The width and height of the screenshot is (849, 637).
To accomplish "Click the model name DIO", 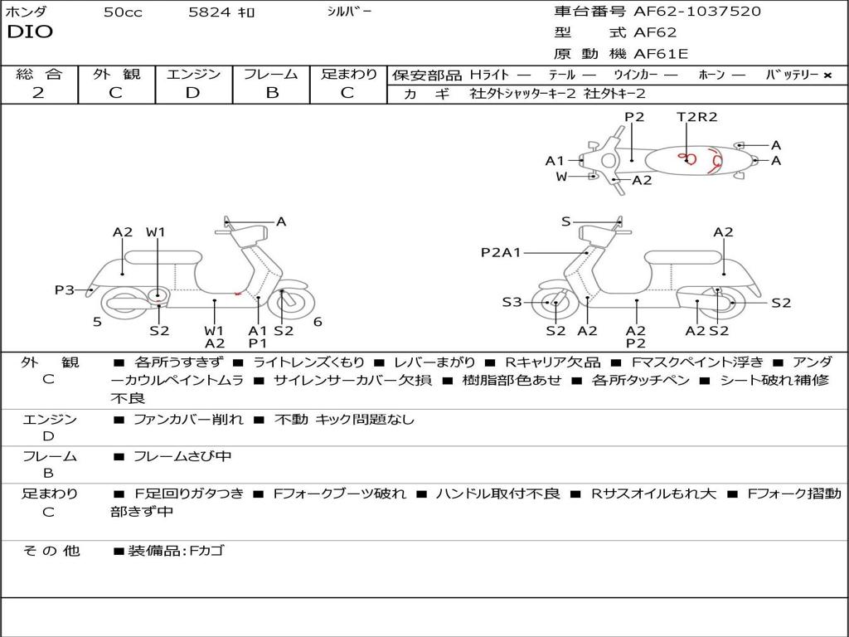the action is [x=30, y=32].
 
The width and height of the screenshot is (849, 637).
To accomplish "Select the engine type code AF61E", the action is [x=661, y=54].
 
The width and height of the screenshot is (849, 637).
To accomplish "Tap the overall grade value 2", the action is [x=38, y=93].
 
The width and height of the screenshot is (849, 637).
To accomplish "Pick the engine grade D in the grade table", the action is [x=192, y=93].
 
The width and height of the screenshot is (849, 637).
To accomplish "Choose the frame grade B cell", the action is [x=271, y=93].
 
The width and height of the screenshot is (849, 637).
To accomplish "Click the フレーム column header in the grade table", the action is [x=271, y=74].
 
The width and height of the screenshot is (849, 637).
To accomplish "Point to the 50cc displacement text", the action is [x=122, y=12].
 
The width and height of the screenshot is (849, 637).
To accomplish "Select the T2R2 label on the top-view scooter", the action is [x=696, y=117].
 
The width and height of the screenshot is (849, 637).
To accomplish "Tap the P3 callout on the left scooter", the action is [x=65, y=289].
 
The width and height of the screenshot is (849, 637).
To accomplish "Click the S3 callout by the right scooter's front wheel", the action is [x=512, y=302].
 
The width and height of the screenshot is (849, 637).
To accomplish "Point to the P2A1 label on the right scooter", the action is [x=501, y=252].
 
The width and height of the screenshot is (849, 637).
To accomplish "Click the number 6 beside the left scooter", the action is [x=318, y=322].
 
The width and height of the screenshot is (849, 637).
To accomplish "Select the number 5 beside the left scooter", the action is [x=97, y=322].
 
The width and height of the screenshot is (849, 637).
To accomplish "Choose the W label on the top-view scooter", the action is [x=561, y=176].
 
